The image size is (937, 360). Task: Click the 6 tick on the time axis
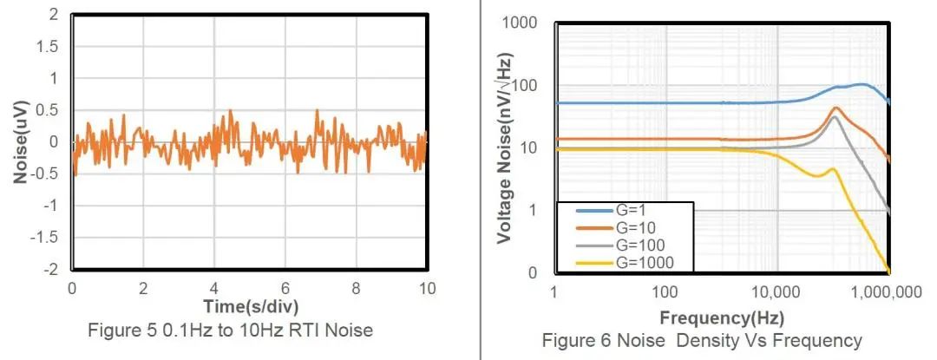(x=285, y=287)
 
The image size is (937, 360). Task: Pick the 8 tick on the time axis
(x=355, y=287)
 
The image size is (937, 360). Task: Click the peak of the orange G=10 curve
(x=835, y=108)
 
